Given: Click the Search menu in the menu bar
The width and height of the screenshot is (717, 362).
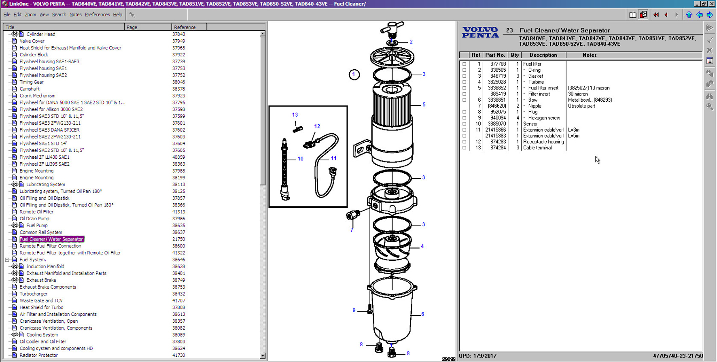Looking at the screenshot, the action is (x=59, y=15).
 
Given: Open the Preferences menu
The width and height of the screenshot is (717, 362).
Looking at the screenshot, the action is (x=97, y=15).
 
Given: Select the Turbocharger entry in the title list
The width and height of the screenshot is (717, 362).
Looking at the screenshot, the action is (x=34, y=294).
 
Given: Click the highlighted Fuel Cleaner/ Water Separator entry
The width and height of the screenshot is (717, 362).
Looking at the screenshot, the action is (x=51, y=239).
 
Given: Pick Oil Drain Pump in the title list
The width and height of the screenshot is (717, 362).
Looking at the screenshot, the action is (x=34, y=219).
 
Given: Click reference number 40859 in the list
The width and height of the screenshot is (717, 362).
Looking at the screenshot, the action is (x=178, y=157).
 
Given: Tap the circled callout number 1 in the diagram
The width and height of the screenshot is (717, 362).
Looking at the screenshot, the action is (x=354, y=75).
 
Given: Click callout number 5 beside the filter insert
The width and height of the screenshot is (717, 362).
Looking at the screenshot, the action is (x=424, y=104).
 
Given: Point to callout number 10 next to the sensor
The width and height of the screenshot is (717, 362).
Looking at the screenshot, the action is (x=300, y=159).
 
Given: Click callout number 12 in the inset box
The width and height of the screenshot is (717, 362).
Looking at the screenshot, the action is (x=317, y=126).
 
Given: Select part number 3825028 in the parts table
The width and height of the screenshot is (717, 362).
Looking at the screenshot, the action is (x=496, y=82).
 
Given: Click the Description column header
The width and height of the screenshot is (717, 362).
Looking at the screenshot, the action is (x=543, y=55).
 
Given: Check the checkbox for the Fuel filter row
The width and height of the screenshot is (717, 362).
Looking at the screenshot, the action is (x=465, y=64).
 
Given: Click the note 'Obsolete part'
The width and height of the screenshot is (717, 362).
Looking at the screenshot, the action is (x=581, y=106).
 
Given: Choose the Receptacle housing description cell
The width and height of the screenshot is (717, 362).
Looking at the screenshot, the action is (x=543, y=142).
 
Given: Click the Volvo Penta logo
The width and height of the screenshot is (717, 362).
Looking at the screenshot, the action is (x=481, y=32).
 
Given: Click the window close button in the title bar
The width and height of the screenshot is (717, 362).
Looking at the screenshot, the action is (x=712, y=4).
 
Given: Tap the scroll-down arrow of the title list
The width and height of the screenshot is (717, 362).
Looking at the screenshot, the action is (x=263, y=356).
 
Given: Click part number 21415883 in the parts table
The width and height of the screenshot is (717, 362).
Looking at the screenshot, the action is (x=496, y=136).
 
